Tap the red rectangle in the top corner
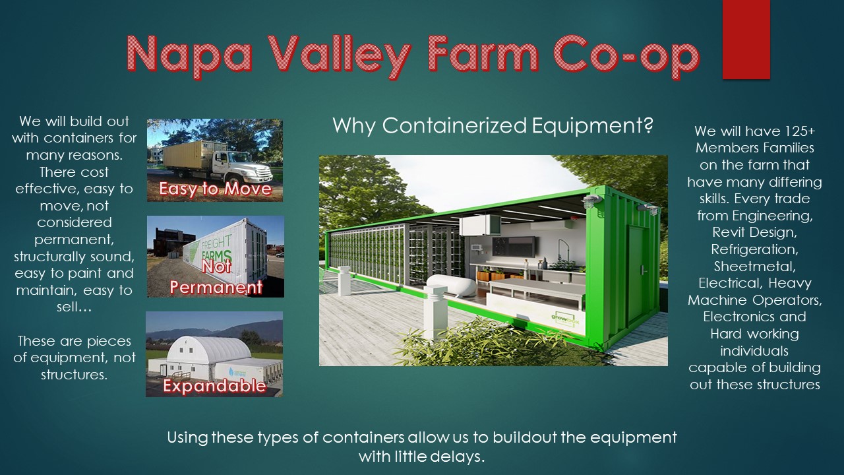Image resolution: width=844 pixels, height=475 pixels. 746,39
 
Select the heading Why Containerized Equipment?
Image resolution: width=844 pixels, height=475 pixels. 493,125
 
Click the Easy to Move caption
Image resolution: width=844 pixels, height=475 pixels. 215,189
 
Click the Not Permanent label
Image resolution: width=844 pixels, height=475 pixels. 217,278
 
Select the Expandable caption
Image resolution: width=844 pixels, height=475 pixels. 214,386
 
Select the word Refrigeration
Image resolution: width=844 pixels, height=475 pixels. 754,250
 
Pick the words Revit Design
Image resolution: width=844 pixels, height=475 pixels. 754,233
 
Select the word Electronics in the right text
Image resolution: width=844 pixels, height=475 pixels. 739,317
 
